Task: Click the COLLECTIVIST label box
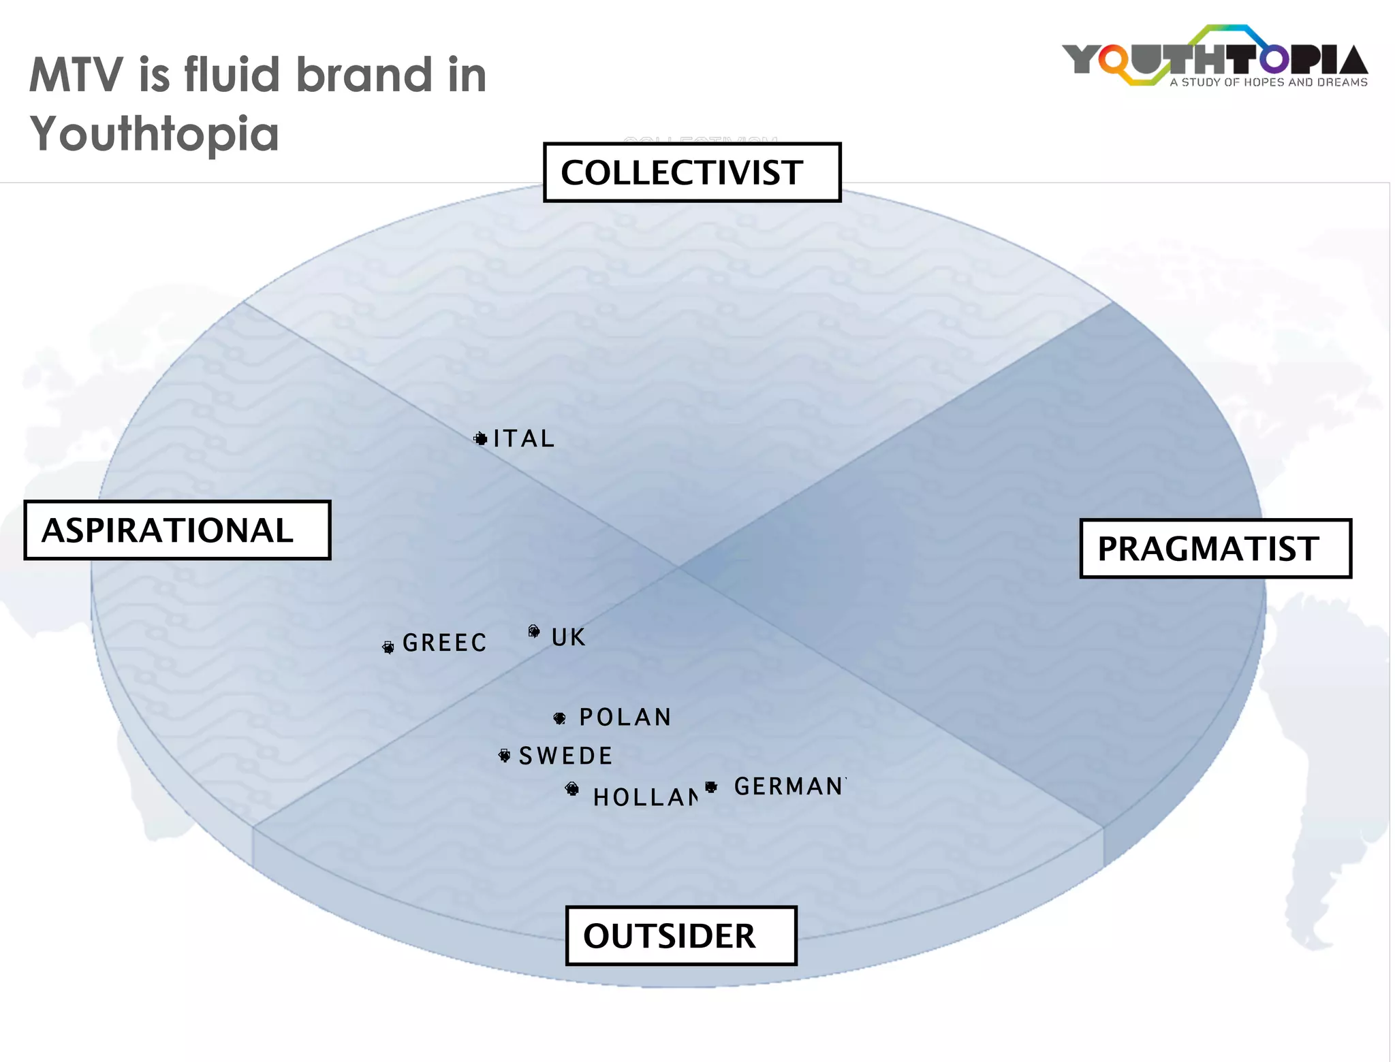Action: click(692, 172)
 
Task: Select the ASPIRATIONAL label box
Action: click(177, 530)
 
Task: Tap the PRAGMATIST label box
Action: click(1215, 549)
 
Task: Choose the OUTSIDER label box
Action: click(681, 935)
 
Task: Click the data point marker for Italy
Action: click(481, 438)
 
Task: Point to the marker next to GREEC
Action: click(388, 647)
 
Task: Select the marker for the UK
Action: click(534, 631)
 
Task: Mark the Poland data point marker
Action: click(559, 718)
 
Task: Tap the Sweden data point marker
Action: click(504, 755)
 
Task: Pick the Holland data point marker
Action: click(572, 788)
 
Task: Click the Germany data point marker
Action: click(711, 787)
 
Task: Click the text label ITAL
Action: click(524, 439)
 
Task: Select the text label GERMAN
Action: click(789, 787)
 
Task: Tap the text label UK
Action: click(568, 638)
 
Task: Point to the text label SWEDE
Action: click(566, 756)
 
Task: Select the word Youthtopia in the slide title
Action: click(155, 133)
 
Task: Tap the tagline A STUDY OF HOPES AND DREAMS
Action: click(1268, 82)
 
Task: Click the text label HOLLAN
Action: click(645, 797)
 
